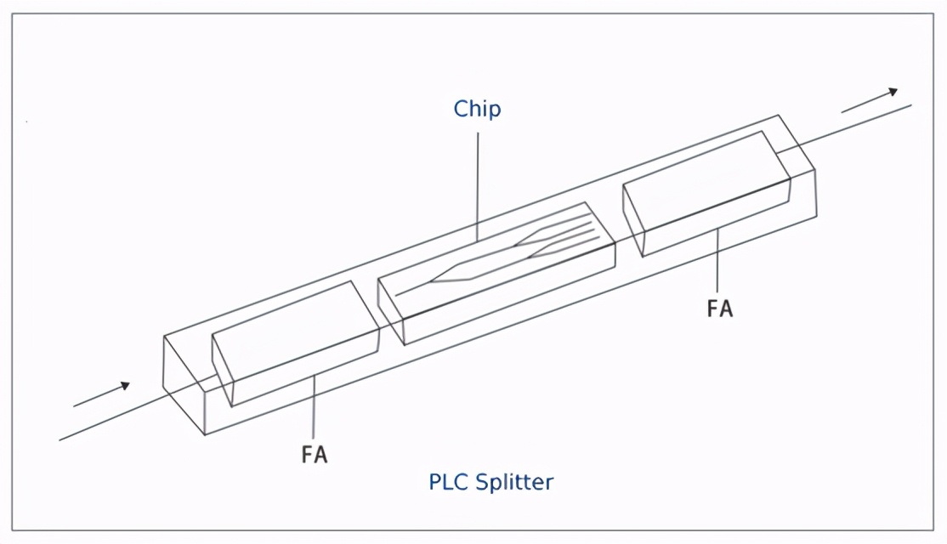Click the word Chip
(477, 110)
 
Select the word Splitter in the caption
(514, 483)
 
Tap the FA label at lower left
(315, 454)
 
